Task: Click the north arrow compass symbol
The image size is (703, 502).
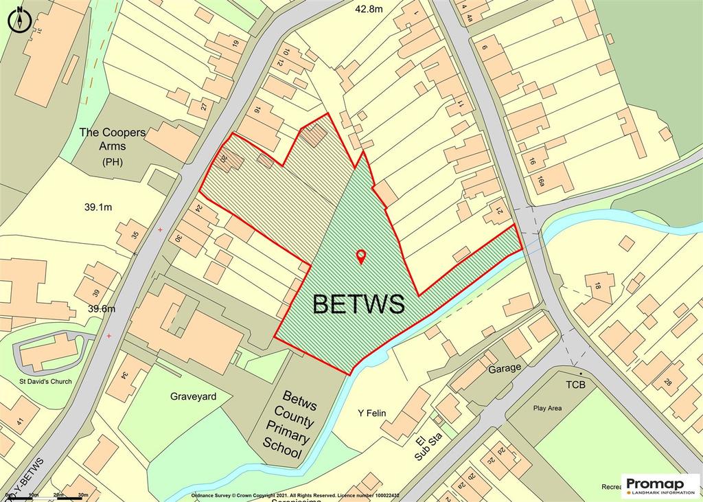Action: coord(20,19)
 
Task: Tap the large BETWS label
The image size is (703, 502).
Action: coord(358,303)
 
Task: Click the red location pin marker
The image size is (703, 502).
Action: coord(361,257)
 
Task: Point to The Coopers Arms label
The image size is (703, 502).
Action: coord(113,139)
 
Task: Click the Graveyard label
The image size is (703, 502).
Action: coord(193,396)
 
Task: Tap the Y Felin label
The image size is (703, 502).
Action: coord(373,413)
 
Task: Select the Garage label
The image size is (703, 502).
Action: coord(505,367)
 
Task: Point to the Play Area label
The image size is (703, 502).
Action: coord(547,408)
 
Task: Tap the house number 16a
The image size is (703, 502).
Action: coord(542,181)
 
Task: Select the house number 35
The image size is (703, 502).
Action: coord(135,236)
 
